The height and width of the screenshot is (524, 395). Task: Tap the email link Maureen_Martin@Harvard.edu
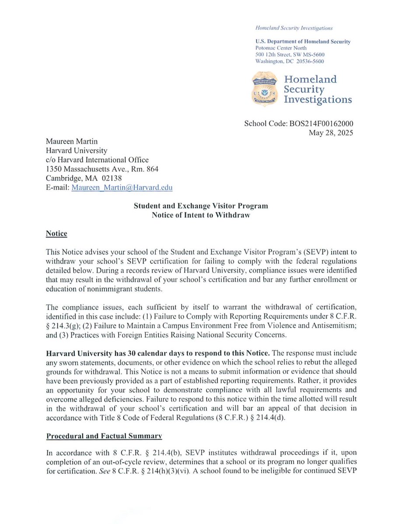pos(122,187)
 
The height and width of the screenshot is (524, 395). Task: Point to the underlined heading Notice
pos(56,234)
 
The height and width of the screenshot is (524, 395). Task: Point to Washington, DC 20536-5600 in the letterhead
pos(289,62)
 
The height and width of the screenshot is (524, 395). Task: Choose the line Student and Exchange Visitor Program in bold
pos(201,206)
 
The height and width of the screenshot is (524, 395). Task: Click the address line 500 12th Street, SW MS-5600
pos(289,54)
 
